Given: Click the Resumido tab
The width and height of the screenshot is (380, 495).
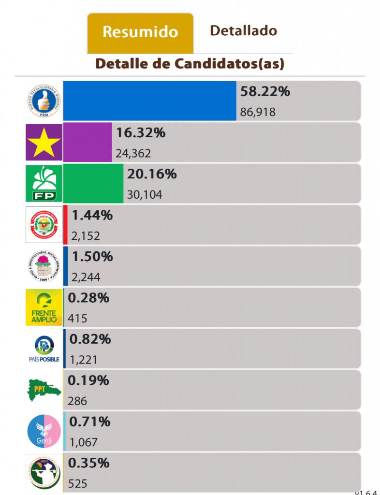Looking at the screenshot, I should [x=140, y=32].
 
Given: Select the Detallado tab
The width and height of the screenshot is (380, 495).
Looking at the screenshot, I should [x=243, y=31].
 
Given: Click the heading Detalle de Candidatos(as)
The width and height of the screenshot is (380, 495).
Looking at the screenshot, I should [x=190, y=63].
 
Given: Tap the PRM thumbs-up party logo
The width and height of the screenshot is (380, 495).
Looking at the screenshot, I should [x=44, y=101].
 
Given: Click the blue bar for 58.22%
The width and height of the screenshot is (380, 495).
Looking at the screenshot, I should [x=150, y=101].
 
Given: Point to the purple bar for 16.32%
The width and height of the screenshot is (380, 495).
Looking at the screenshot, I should [x=88, y=142].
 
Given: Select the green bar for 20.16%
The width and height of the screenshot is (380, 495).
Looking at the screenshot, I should [x=93, y=183].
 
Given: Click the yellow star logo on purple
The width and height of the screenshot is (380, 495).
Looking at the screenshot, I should [x=44, y=142].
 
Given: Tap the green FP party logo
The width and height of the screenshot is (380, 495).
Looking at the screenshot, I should [x=44, y=183].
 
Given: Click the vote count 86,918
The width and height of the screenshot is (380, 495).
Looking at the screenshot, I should [x=258, y=112].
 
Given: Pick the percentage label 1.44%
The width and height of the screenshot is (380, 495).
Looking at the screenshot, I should [x=92, y=216].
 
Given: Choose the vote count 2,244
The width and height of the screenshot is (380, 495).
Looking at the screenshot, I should [x=86, y=277].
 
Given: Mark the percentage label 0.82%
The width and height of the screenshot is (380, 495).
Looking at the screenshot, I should [x=90, y=339].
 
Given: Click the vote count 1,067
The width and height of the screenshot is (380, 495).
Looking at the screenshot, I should [x=84, y=442].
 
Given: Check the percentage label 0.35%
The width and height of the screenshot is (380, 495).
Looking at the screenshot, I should [x=89, y=463].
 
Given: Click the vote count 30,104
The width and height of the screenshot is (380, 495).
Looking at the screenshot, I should [x=145, y=195].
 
